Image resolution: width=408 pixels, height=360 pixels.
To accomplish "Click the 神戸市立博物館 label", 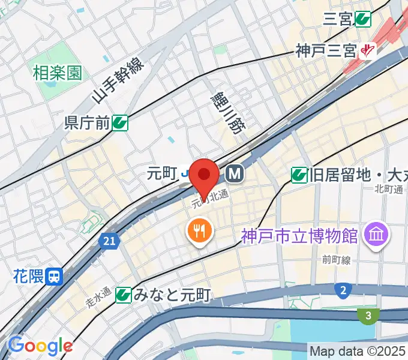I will tap(300, 235).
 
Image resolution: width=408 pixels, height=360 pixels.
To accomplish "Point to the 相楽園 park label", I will tap(57, 73).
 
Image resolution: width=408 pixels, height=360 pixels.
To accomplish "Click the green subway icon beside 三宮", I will tap(362, 19).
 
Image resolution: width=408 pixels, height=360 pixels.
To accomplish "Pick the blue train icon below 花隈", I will tap(55, 277).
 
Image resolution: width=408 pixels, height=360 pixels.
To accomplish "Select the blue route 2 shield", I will tap(343, 290).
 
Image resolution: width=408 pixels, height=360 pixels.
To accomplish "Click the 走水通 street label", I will tap(97, 297).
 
